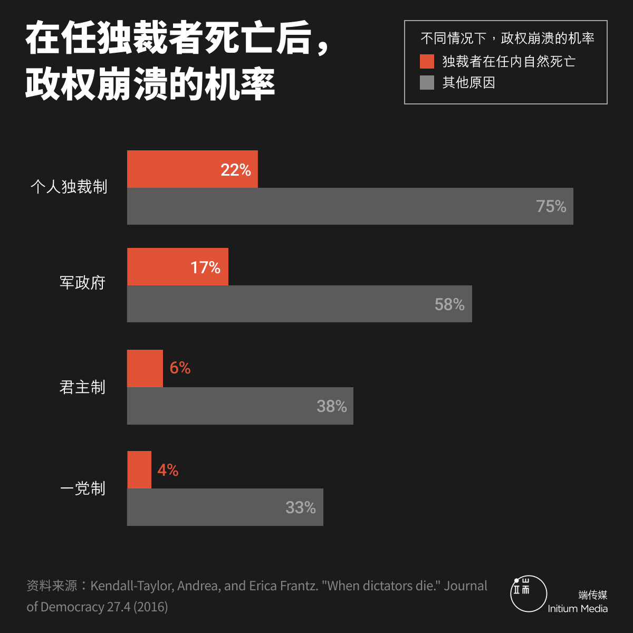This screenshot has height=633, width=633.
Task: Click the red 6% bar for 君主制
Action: coord(145,368)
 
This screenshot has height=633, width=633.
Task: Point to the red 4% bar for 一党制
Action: coord(139,469)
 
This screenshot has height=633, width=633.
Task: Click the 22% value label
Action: coord(236,170)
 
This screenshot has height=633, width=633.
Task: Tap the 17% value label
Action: coord(206,267)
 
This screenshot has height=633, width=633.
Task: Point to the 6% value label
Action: coord(180,368)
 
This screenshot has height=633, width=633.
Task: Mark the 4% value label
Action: coord(168,469)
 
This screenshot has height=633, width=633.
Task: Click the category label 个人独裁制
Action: coord(69,187)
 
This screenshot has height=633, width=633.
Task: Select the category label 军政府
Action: coord(83,283)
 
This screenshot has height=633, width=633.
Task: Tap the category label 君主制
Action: coord(83,387)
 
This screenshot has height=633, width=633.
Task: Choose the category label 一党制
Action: coord(83,488)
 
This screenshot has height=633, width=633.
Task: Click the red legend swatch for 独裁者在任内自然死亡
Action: coord(427,61)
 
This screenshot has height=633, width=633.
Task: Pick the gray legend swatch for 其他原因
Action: coord(427,82)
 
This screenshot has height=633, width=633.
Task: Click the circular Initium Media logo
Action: coord(529,593)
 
